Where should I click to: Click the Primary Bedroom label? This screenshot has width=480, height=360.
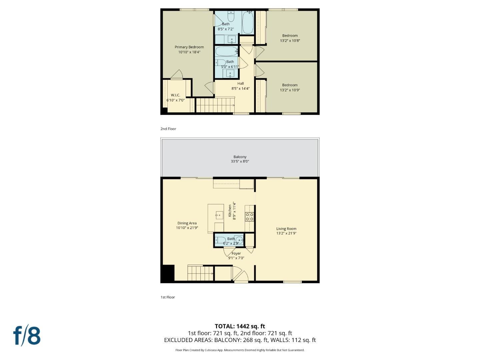click(189, 47)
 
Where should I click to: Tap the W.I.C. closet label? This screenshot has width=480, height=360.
click(175, 95)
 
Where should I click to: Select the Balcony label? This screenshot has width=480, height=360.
click(240, 157)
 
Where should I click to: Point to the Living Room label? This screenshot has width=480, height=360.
click(286, 229)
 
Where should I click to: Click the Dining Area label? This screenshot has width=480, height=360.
click(187, 223)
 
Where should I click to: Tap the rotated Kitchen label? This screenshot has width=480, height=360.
click(230, 211)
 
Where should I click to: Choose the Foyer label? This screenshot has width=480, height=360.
click(236, 253)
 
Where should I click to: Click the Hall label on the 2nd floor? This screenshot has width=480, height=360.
click(240, 84)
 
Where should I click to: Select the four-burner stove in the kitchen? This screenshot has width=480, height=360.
click(249, 217)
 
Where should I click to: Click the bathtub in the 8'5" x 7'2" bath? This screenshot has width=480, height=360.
click(247, 22)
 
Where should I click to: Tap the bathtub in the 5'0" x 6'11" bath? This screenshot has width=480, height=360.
click(226, 51)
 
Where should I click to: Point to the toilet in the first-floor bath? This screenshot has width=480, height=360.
click(220, 240)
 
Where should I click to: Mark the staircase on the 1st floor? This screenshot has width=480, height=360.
click(200, 273)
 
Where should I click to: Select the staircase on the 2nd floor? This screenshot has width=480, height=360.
click(215, 105)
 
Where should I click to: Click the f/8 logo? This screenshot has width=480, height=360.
click(27, 336)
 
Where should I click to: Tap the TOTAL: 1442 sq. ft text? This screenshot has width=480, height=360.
click(240, 326)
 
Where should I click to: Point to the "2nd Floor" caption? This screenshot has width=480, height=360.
click(168, 129)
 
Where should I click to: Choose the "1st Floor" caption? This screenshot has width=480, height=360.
click(168, 297)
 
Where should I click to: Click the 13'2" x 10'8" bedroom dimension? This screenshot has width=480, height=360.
click(290, 41)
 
